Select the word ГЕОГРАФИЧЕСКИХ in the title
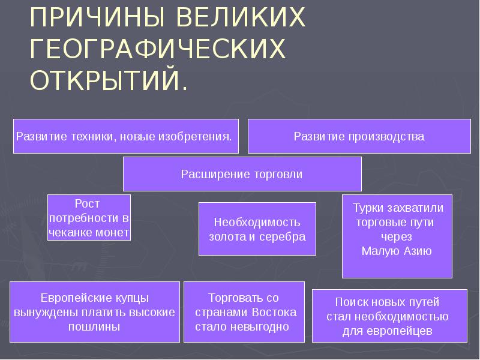pyautogui.click(x=157, y=50)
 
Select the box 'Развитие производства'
pyautogui.click(x=359, y=136)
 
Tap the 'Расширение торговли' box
pyautogui.click(x=242, y=174)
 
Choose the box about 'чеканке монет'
pyautogui.click(x=89, y=218)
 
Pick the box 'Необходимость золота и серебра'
pyautogui.click(x=257, y=229)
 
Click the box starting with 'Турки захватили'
pyautogui.click(x=397, y=236)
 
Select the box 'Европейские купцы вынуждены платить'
pyautogui.click(x=95, y=312)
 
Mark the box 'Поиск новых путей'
pyautogui.click(x=389, y=316)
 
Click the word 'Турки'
pyautogui.click(x=368, y=208)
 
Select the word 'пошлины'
pyautogui.click(x=95, y=327)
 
